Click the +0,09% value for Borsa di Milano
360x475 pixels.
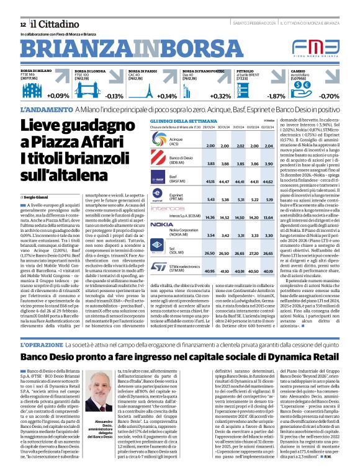[x=58, y=96]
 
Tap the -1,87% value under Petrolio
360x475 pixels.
[x=276, y=96]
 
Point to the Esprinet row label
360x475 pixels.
[x=176, y=197]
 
